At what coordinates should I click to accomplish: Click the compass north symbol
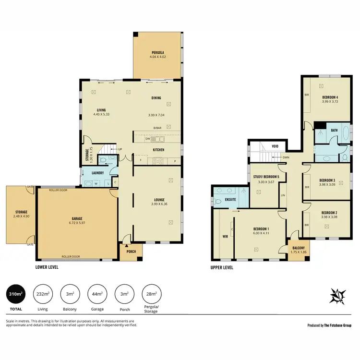coord(338,295)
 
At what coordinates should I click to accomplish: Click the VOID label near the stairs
coord(275,146)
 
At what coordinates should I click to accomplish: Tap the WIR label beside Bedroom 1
coord(224,236)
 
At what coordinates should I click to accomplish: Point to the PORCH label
coord(130,251)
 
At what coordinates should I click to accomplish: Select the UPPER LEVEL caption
coord(222,267)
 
